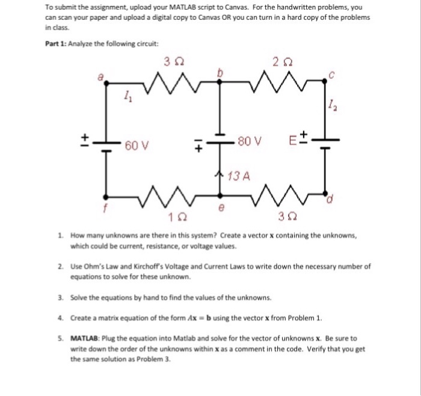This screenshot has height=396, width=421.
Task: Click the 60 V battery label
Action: [138, 146]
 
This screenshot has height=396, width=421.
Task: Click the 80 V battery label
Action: [250, 142]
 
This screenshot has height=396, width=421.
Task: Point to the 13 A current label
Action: [239, 176]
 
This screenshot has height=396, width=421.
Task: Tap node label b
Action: [220, 72]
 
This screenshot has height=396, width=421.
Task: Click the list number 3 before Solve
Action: [61, 297]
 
